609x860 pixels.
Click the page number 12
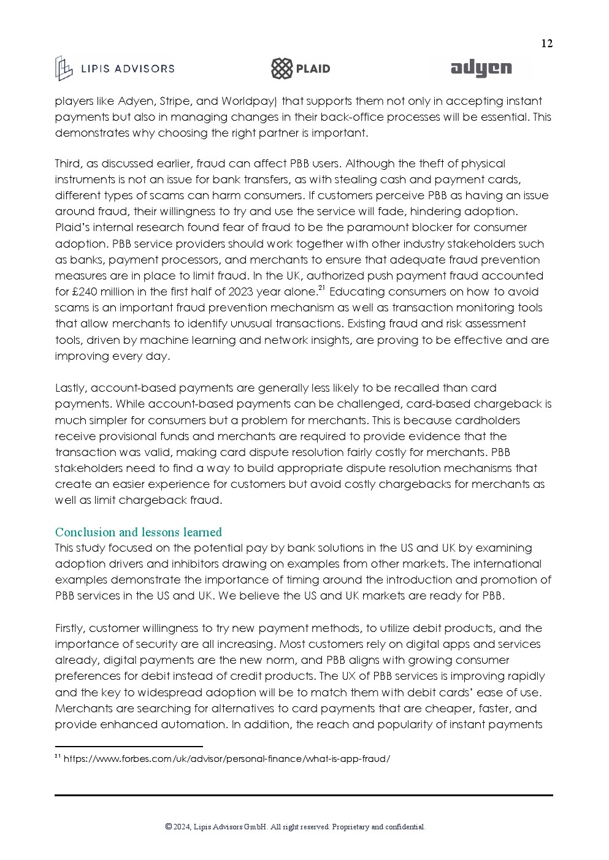point(546,44)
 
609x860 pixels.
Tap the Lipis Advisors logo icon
point(63,68)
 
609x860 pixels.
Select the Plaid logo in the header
point(301,69)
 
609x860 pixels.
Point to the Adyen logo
point(481,69)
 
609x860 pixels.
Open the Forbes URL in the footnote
point(226,759)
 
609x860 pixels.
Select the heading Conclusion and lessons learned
point(138,532)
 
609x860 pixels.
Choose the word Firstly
point(70,628)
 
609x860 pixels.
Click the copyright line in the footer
point(295,827)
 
